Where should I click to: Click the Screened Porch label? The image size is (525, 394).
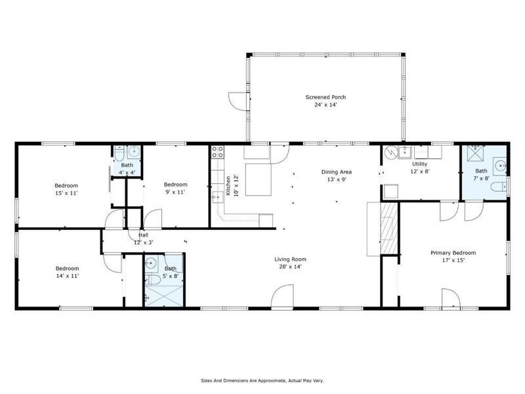(325, 97)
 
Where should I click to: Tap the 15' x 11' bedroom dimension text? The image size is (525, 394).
(66, 194)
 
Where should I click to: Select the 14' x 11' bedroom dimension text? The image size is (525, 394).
(67, 276)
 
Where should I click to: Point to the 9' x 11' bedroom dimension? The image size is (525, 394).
(175, 193)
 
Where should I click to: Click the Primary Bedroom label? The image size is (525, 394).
(453, 253)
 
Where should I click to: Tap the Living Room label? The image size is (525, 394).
(290, 259)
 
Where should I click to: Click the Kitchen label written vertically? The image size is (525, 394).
(228, 186)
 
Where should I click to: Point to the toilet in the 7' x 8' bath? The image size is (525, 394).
(497, 187)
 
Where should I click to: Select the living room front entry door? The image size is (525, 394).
(282, 299)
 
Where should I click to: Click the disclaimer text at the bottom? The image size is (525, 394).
(262, 380)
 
